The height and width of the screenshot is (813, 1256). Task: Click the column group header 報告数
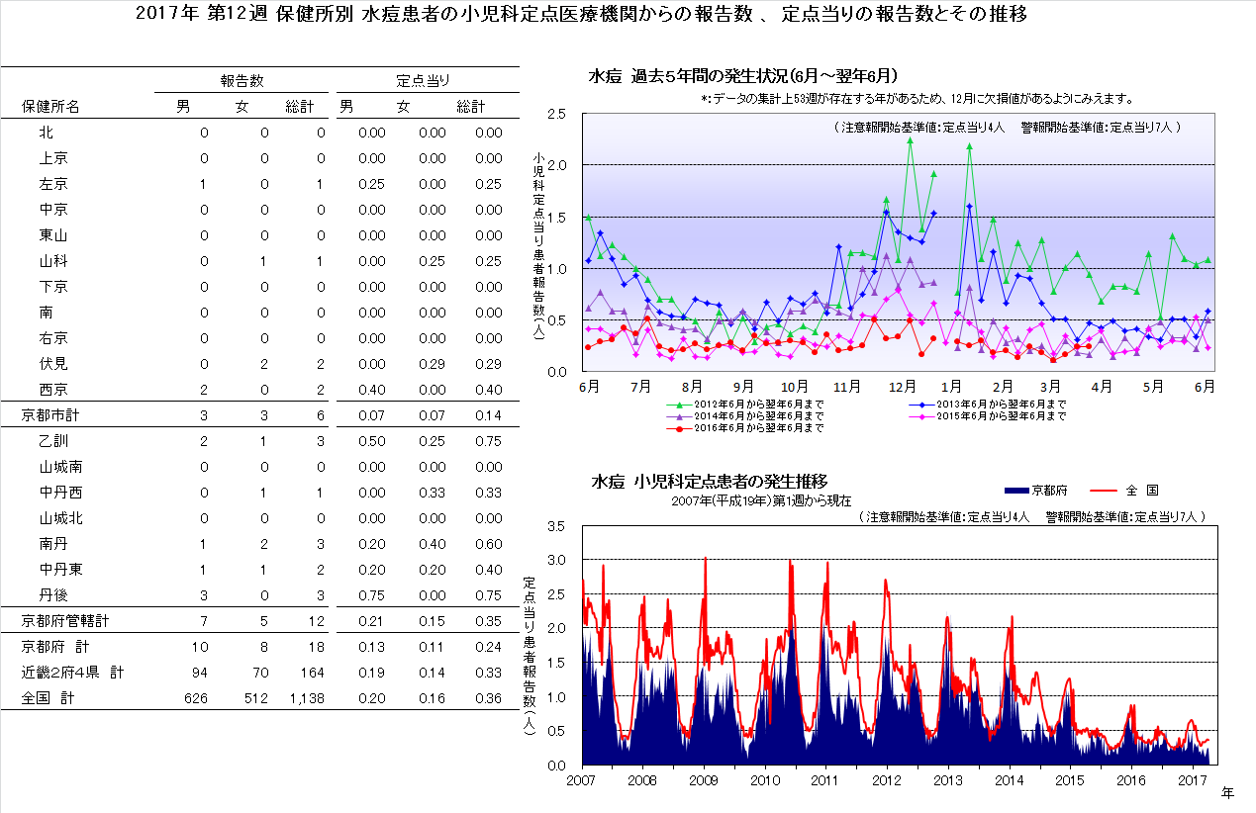(x=242, y=80)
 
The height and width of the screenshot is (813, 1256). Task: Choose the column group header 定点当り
(x=424, y=80)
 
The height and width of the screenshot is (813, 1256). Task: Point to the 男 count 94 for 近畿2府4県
(x=199, y=673)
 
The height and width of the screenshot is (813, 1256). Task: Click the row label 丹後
(x=53, y=595)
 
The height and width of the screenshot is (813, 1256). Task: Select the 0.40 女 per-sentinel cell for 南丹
(x=432, y=544)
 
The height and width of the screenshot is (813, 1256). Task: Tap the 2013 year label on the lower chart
(x=948, y=779)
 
